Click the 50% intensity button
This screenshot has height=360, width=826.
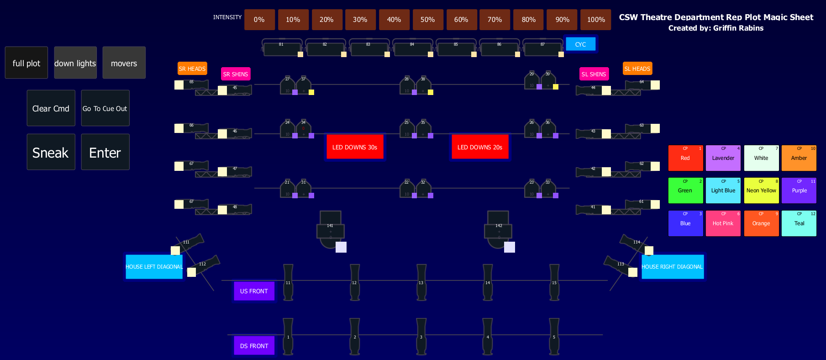(x=427, y=20)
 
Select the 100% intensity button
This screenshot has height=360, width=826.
(x=595, y=20)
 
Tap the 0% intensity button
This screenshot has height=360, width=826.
(x=259, y=20)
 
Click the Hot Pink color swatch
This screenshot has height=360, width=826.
(x=723, y=223)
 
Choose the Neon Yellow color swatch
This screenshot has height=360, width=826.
(x=761, y=191)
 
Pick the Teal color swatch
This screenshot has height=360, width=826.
(x=799, y=223)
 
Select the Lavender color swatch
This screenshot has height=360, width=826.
(x=723, y=158)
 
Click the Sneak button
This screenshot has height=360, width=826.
(x=51, y=152)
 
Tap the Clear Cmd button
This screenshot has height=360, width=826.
(x=51, y=108)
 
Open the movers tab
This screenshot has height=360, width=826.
(x=124, y=63)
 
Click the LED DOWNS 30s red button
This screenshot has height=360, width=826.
(x=355, y=147)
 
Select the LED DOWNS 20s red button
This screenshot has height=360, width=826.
(x=479, y=147)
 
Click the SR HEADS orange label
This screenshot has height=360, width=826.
(x=192, y=69)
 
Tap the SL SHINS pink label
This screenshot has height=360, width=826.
(x=594, y=74)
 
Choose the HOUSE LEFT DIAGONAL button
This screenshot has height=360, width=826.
(x=154, y=267)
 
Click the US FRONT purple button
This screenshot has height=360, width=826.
(x=254, y=291)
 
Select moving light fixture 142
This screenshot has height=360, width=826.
(x=498, y=230)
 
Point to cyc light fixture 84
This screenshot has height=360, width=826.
(x=412, y=48)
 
